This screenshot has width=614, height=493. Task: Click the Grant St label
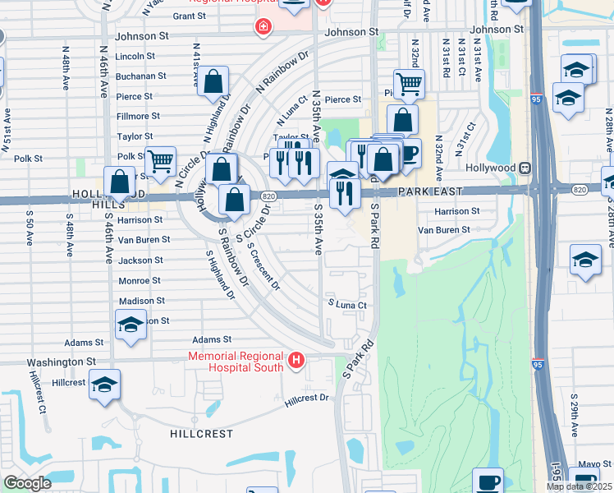pos(189,16)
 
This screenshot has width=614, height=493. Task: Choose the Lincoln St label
pos(135,56)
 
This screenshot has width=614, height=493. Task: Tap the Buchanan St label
pos(140,76)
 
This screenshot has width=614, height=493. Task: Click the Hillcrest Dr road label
pos(306,399)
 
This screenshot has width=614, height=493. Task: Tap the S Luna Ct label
pos(346,304)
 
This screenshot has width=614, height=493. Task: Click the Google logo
pos(27,483)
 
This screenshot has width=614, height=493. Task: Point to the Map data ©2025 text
pos(579,486)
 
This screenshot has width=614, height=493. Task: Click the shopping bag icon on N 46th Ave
pos(120,182)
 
